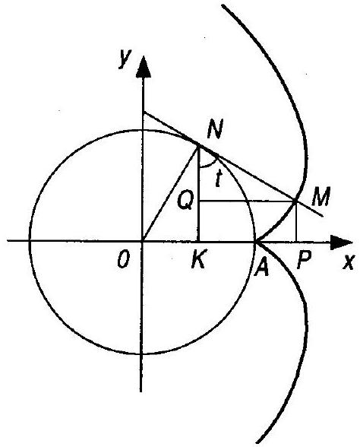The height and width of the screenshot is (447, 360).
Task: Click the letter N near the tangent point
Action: point(215,129)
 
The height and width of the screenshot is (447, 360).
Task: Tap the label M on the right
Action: point(321,196)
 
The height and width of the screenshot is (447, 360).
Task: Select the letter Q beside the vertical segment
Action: point(185,201)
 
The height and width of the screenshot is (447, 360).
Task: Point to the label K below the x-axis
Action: point(198,259)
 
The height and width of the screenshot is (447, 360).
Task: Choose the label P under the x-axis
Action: point(303,260)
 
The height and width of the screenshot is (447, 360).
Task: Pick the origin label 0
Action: point(124,260)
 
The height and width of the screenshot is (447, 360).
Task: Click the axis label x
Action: point(349,262)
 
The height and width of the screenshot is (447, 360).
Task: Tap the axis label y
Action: point(125,58)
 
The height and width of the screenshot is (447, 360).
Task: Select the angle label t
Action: point(218,179)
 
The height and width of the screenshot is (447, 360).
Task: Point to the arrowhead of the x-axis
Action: point(341,243)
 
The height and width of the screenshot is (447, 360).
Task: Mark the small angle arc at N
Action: point(207,166)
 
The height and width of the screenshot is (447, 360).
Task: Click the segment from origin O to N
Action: point(170,194)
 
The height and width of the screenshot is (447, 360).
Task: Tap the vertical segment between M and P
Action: point(296,221)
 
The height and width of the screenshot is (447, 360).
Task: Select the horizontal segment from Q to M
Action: point(248,201)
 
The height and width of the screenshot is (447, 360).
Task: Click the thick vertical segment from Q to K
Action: point(199,193)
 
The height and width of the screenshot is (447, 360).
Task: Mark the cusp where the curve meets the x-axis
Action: point(256,242)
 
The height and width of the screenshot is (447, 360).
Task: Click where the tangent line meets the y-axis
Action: point(144,113)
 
